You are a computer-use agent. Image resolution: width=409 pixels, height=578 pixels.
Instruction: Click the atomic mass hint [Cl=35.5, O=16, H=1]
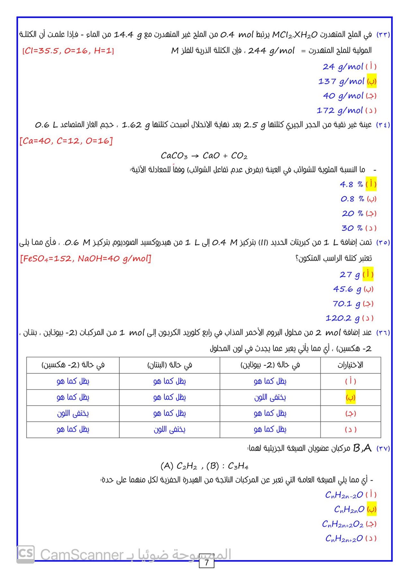[x=68, y=51]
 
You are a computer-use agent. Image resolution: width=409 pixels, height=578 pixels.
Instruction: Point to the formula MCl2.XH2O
[x=295, y=35]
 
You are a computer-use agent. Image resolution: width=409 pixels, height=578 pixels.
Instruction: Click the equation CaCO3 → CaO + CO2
[x=204, y=156]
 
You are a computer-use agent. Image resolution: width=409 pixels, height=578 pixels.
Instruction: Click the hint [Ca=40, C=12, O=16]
[x=66, y=141]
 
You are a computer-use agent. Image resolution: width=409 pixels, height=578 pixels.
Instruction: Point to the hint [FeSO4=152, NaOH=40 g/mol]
[x=85, y=258]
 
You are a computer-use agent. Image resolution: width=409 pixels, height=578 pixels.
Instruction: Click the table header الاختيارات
[x=350, y=365]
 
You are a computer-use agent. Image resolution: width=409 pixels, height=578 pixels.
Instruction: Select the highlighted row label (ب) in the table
[x=350, y=398]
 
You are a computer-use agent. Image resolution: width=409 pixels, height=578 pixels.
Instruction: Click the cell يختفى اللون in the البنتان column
[x=169, y=430]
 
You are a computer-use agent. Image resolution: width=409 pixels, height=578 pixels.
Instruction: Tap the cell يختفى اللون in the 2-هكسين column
[x=73, y=414]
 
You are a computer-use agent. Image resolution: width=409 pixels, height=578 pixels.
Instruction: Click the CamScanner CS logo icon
[x=26, y=554]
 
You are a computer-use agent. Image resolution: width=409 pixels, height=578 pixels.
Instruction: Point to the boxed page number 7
[x=206, y=562]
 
